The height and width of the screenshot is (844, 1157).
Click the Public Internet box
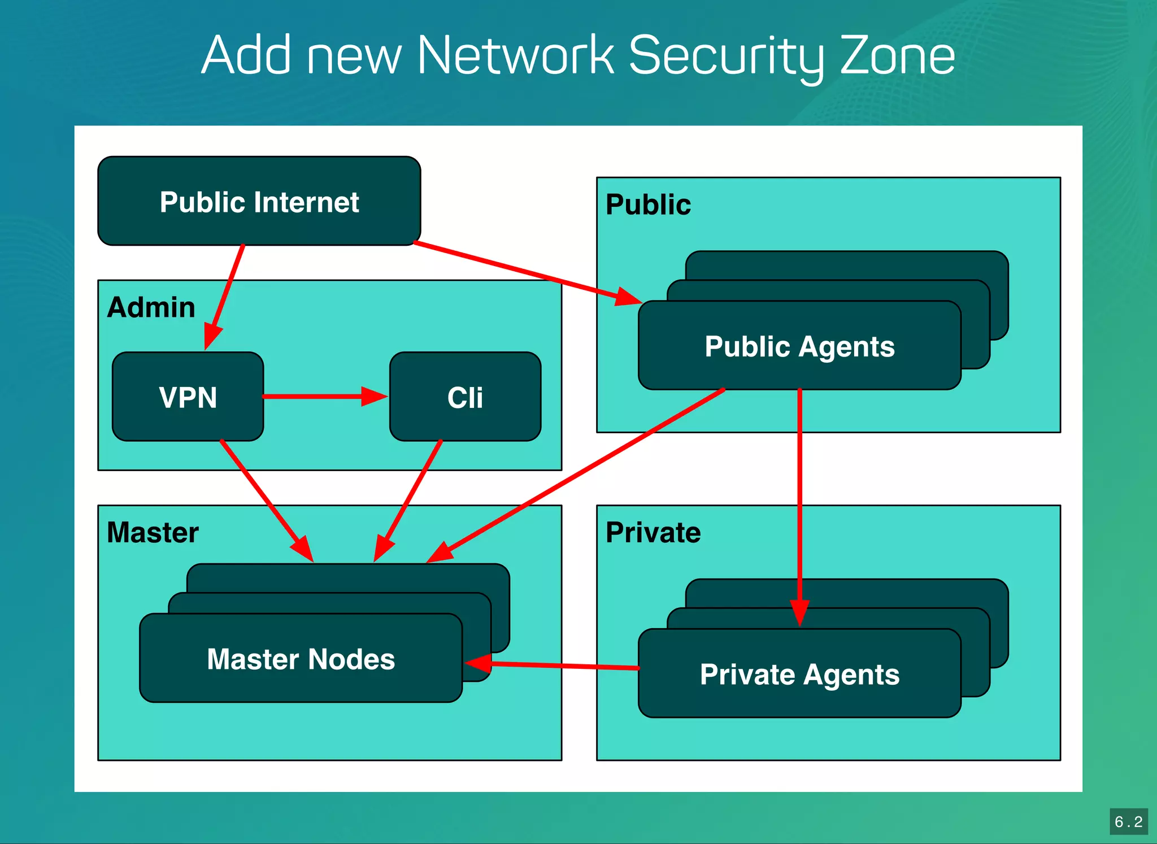click(x=259, y=202)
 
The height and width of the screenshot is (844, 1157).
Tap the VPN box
click(x=188, y=397)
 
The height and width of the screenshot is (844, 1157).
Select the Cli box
click(x=465, y=397)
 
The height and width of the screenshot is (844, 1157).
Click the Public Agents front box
click(x=799, y=346)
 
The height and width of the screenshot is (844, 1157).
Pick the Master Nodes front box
click(x=301, y=659)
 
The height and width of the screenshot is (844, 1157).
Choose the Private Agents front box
click(x=799, y=674)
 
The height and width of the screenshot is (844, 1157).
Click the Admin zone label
click(x=151, y=308)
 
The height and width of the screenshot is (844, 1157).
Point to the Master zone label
click(x=153, y=532)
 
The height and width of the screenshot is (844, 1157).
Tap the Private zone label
click(x=653, y=532)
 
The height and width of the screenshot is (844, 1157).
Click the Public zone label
click(x=648, y=205)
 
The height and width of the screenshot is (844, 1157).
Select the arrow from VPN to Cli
click(x=322, y=397)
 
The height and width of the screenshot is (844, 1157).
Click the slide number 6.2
click(x=1128, y=821)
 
